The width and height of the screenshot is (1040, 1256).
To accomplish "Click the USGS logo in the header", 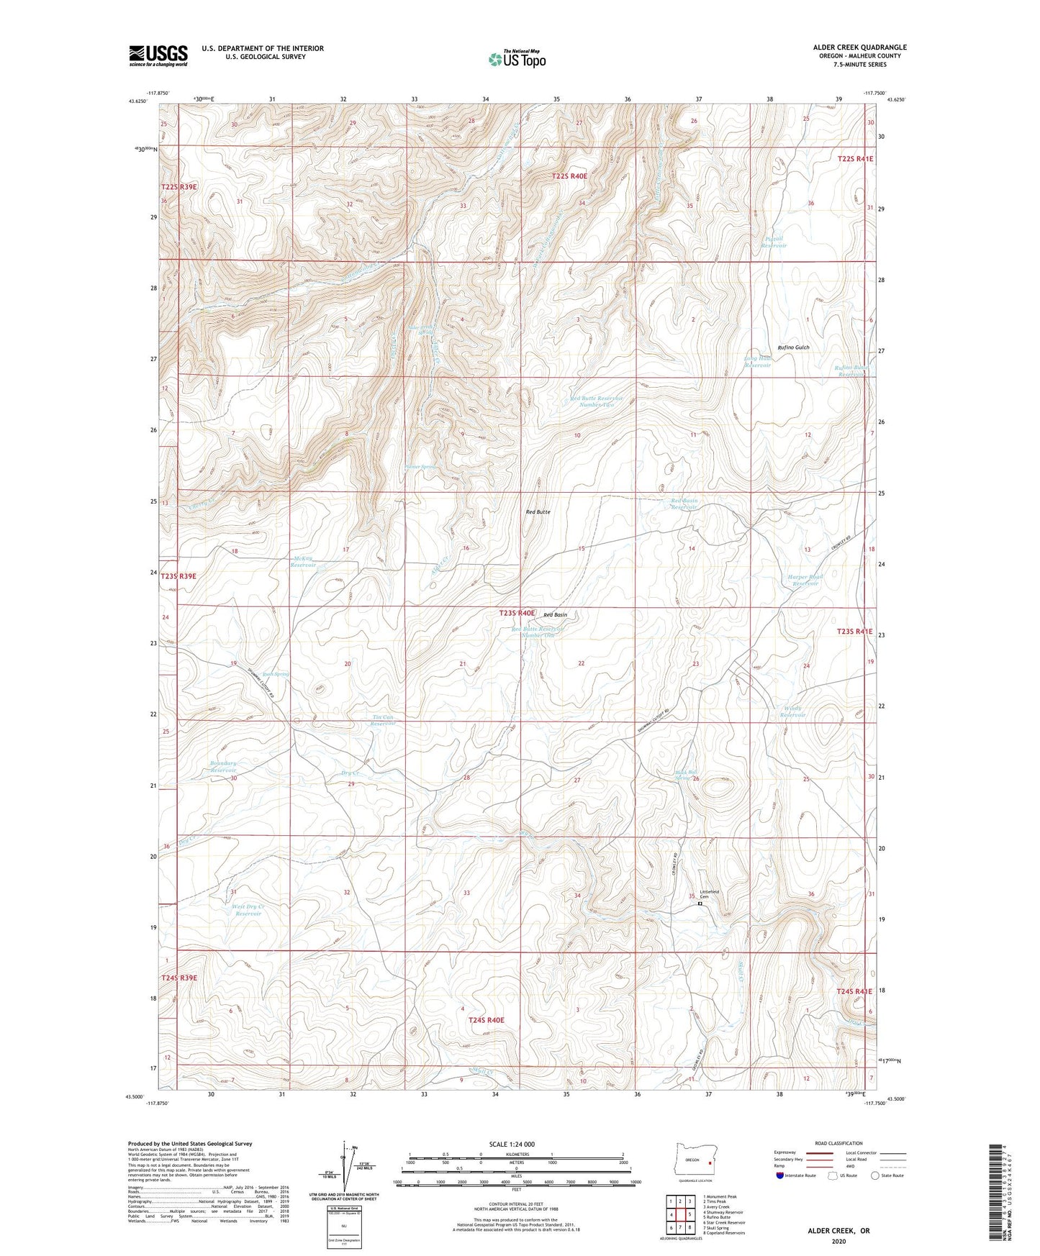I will [158, 55].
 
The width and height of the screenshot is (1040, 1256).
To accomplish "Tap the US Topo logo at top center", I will [517, 59].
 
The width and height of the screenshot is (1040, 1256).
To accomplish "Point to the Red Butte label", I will [538, 511].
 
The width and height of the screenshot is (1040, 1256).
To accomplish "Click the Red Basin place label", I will [555, 615].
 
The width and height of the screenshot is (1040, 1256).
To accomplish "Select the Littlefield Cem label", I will [709, 894].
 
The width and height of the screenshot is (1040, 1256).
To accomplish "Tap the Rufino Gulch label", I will [793, 347].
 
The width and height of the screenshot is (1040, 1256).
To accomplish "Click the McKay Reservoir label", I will [303, 562].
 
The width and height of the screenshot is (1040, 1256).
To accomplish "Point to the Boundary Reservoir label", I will [223, 766].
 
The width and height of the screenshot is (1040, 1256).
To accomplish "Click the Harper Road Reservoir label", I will [805, 580].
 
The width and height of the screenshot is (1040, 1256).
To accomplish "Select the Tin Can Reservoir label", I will [383, 720].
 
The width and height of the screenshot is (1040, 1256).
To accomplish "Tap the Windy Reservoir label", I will [792, 711].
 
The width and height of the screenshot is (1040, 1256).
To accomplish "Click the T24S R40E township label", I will [487, 1020].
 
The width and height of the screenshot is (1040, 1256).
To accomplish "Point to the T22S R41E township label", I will [854, 159].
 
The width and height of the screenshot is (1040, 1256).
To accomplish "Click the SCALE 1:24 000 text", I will [512, 1144].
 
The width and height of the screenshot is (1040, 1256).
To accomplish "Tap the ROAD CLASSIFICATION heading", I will [839, 1143].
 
